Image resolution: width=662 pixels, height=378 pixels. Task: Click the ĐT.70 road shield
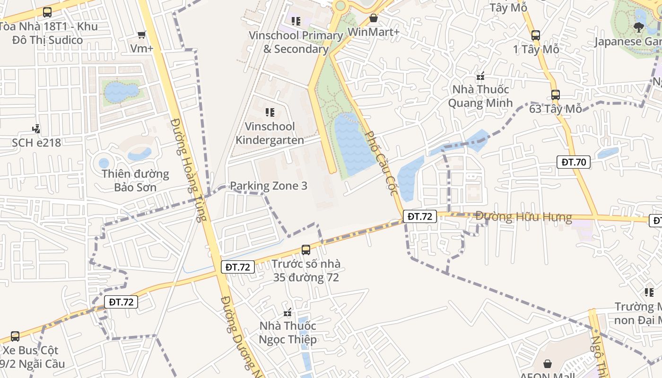574,162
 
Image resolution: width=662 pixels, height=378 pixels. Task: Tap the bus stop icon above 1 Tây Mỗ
536,35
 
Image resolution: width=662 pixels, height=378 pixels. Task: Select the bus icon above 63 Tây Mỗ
556,94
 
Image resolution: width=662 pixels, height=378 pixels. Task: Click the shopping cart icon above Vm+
141,34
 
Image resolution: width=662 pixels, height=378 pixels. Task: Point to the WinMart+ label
374,32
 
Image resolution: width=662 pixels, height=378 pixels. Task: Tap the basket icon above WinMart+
374,18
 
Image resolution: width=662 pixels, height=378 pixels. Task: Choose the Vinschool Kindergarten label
270,133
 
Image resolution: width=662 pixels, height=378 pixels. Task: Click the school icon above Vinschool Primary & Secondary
296,21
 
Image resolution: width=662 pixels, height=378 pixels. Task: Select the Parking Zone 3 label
269,186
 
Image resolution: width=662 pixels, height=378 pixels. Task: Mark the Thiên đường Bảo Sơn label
135,180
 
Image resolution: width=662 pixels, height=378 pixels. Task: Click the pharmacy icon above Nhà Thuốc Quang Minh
480,76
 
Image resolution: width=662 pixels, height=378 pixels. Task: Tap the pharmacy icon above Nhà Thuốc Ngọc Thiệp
287,312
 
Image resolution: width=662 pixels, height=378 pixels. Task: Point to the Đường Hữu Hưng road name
523,217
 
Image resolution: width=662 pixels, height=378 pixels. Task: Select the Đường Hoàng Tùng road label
189,170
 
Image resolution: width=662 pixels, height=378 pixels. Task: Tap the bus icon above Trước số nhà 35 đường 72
306,249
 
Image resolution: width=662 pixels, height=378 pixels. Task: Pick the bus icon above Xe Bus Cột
15,336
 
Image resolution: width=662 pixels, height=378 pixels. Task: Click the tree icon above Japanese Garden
639,27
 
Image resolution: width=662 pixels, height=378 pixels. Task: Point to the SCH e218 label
36,142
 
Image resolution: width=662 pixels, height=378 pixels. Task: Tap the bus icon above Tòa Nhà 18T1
47,12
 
